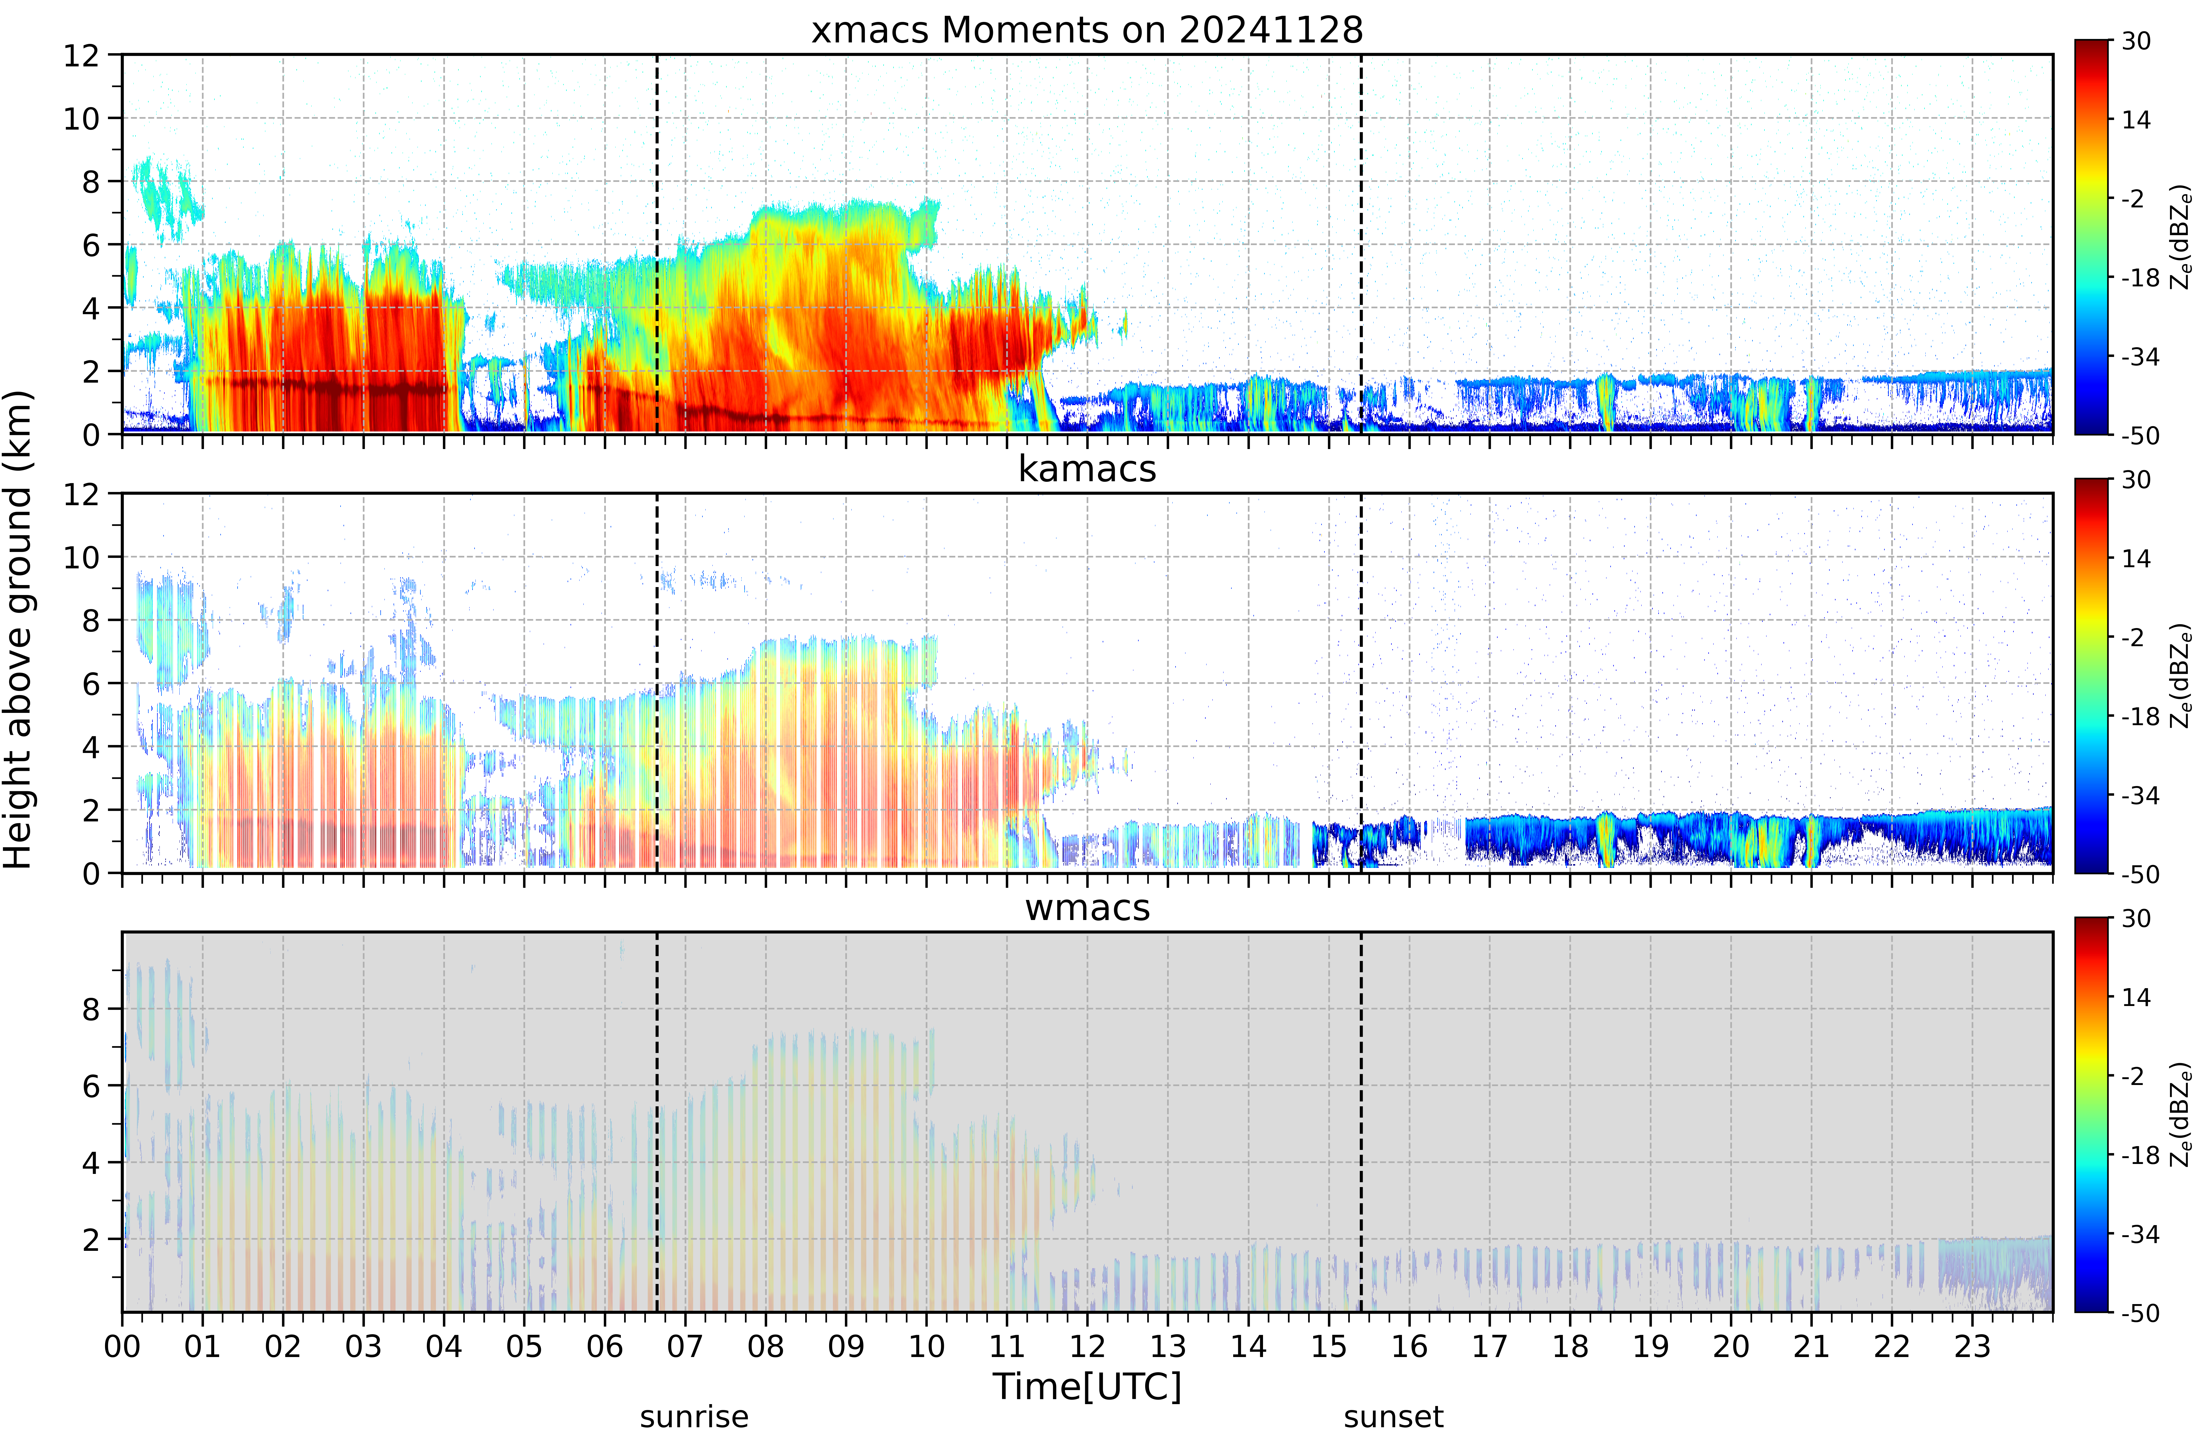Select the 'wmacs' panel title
(1087, 907)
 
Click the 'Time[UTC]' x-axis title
(1087, 1387)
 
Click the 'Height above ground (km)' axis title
(18, 629)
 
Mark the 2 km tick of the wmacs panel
(90, 1239)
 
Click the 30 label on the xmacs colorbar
(2136, 41)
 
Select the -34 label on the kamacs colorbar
(2140, 795)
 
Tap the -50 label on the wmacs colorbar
(2140, 1313)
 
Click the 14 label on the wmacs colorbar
(2136, 997)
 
